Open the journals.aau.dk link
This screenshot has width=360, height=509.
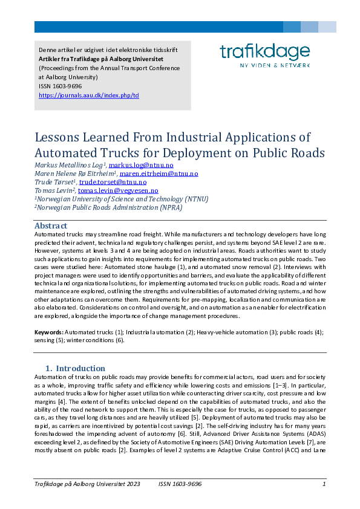point(88,96)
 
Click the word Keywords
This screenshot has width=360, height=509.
point(48,332)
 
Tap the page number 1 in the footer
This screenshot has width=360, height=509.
point(324,484)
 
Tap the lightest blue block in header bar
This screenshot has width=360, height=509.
point(327,27)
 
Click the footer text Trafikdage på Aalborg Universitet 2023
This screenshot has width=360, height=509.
point(87,484)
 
